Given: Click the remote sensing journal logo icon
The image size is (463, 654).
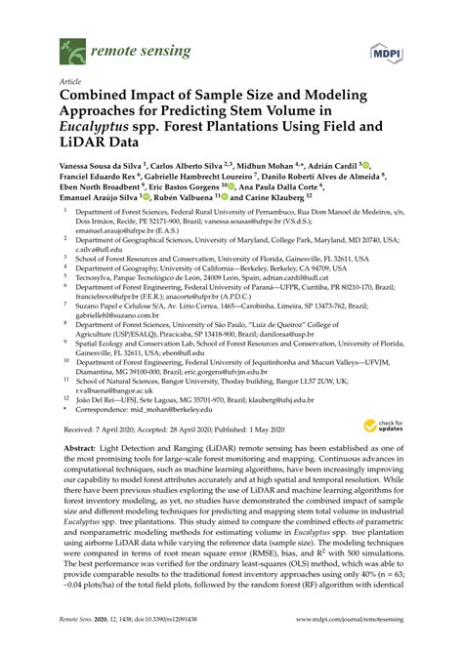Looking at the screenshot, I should pos(71,47).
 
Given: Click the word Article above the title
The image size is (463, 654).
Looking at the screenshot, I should pos(71,83).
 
